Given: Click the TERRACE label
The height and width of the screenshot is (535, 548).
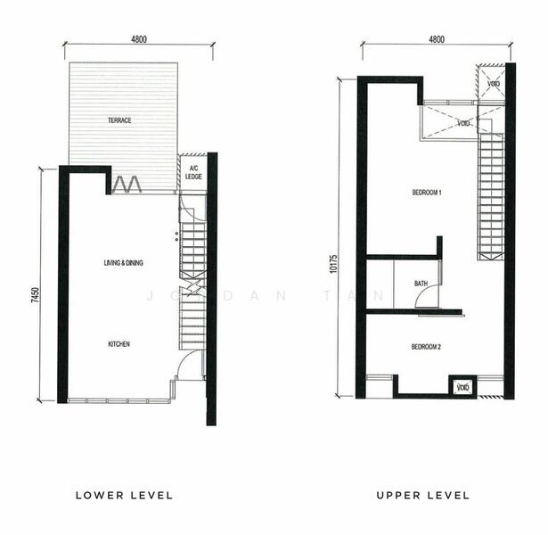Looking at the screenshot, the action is click(x=119, y=120).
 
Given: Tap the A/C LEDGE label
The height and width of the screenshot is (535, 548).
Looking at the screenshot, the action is click(x=193, y=173).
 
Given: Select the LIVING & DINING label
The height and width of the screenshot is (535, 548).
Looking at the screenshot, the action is click(x=123, y=263).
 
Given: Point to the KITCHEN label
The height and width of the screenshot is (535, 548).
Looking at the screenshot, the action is click(x=119, y=344).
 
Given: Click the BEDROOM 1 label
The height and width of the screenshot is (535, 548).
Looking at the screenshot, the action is click(x=427, y=193).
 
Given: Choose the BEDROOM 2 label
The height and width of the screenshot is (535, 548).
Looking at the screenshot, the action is click(x=426, y=347).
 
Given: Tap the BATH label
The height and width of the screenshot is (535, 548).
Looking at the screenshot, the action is click(x=421, y=284).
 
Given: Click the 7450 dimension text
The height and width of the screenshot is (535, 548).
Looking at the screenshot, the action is click(x=36, y=295).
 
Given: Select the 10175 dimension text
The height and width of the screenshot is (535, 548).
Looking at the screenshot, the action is click(x=333, y=263).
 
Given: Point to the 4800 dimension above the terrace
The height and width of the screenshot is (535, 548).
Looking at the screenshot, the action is click(x=139, y=39).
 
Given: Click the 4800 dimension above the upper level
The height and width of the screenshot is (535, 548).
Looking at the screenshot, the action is click(x=437, y=39).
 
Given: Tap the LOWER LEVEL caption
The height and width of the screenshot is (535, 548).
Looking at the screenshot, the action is click(x=125, y=496).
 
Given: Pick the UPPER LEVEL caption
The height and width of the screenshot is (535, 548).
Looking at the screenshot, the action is click(x=423, y=496).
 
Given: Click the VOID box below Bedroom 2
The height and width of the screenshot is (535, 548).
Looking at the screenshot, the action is click(x=462, y=387).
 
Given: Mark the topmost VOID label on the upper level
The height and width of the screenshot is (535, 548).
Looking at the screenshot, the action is click(x=494, y=84).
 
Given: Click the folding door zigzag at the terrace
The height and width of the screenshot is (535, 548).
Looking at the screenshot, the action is click(x=127, y=184).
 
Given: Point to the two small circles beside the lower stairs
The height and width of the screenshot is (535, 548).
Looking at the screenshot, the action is click(x=176, y=236).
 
